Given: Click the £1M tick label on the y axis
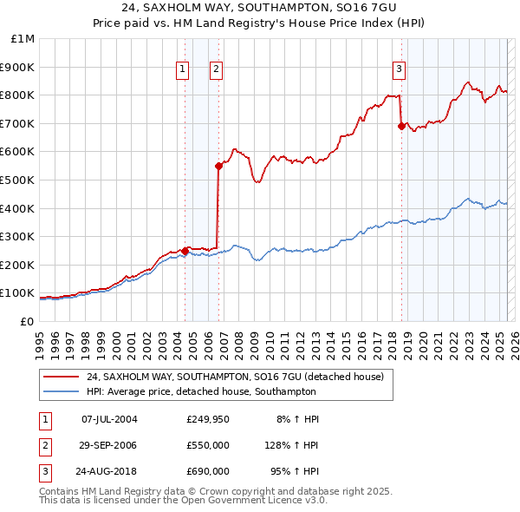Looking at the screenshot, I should click(23, 39).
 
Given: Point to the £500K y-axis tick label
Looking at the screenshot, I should click(18, 180).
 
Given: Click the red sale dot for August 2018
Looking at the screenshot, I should click(401, 126).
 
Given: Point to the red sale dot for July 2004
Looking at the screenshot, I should click(185, 251).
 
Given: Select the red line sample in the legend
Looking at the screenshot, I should click(62, 377).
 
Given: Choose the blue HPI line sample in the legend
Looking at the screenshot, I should click(62, 392).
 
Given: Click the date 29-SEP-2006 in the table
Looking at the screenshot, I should click(107, 445).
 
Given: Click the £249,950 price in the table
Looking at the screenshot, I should click(208, 419).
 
